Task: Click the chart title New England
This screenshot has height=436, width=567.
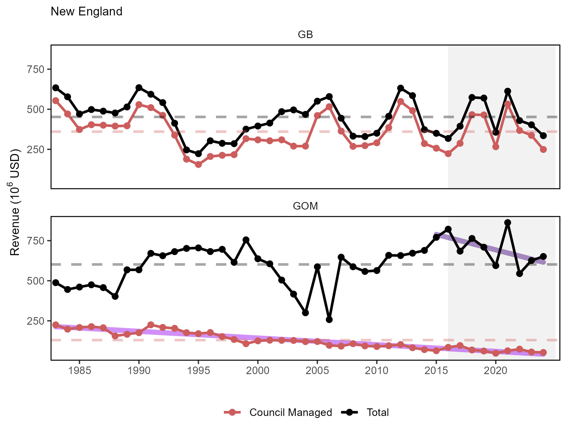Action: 86,12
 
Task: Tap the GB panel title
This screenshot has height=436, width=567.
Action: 305,35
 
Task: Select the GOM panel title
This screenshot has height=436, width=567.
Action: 305,206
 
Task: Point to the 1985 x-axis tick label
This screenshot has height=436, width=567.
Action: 79,371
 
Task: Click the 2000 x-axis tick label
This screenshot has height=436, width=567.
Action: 258,371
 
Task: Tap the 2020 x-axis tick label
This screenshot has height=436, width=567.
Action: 495,371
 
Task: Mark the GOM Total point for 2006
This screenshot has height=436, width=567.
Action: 329,319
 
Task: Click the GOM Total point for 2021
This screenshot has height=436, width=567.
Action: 508,223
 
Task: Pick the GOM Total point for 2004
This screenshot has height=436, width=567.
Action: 305,313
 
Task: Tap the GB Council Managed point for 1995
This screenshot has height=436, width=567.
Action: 198,165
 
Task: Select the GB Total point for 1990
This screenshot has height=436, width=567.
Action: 139,88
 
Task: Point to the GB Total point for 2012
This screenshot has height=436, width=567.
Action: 401,88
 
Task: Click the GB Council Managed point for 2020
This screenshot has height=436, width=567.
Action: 496,147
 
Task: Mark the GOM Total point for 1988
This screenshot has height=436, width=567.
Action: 115,296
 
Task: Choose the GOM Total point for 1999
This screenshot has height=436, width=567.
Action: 246,240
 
